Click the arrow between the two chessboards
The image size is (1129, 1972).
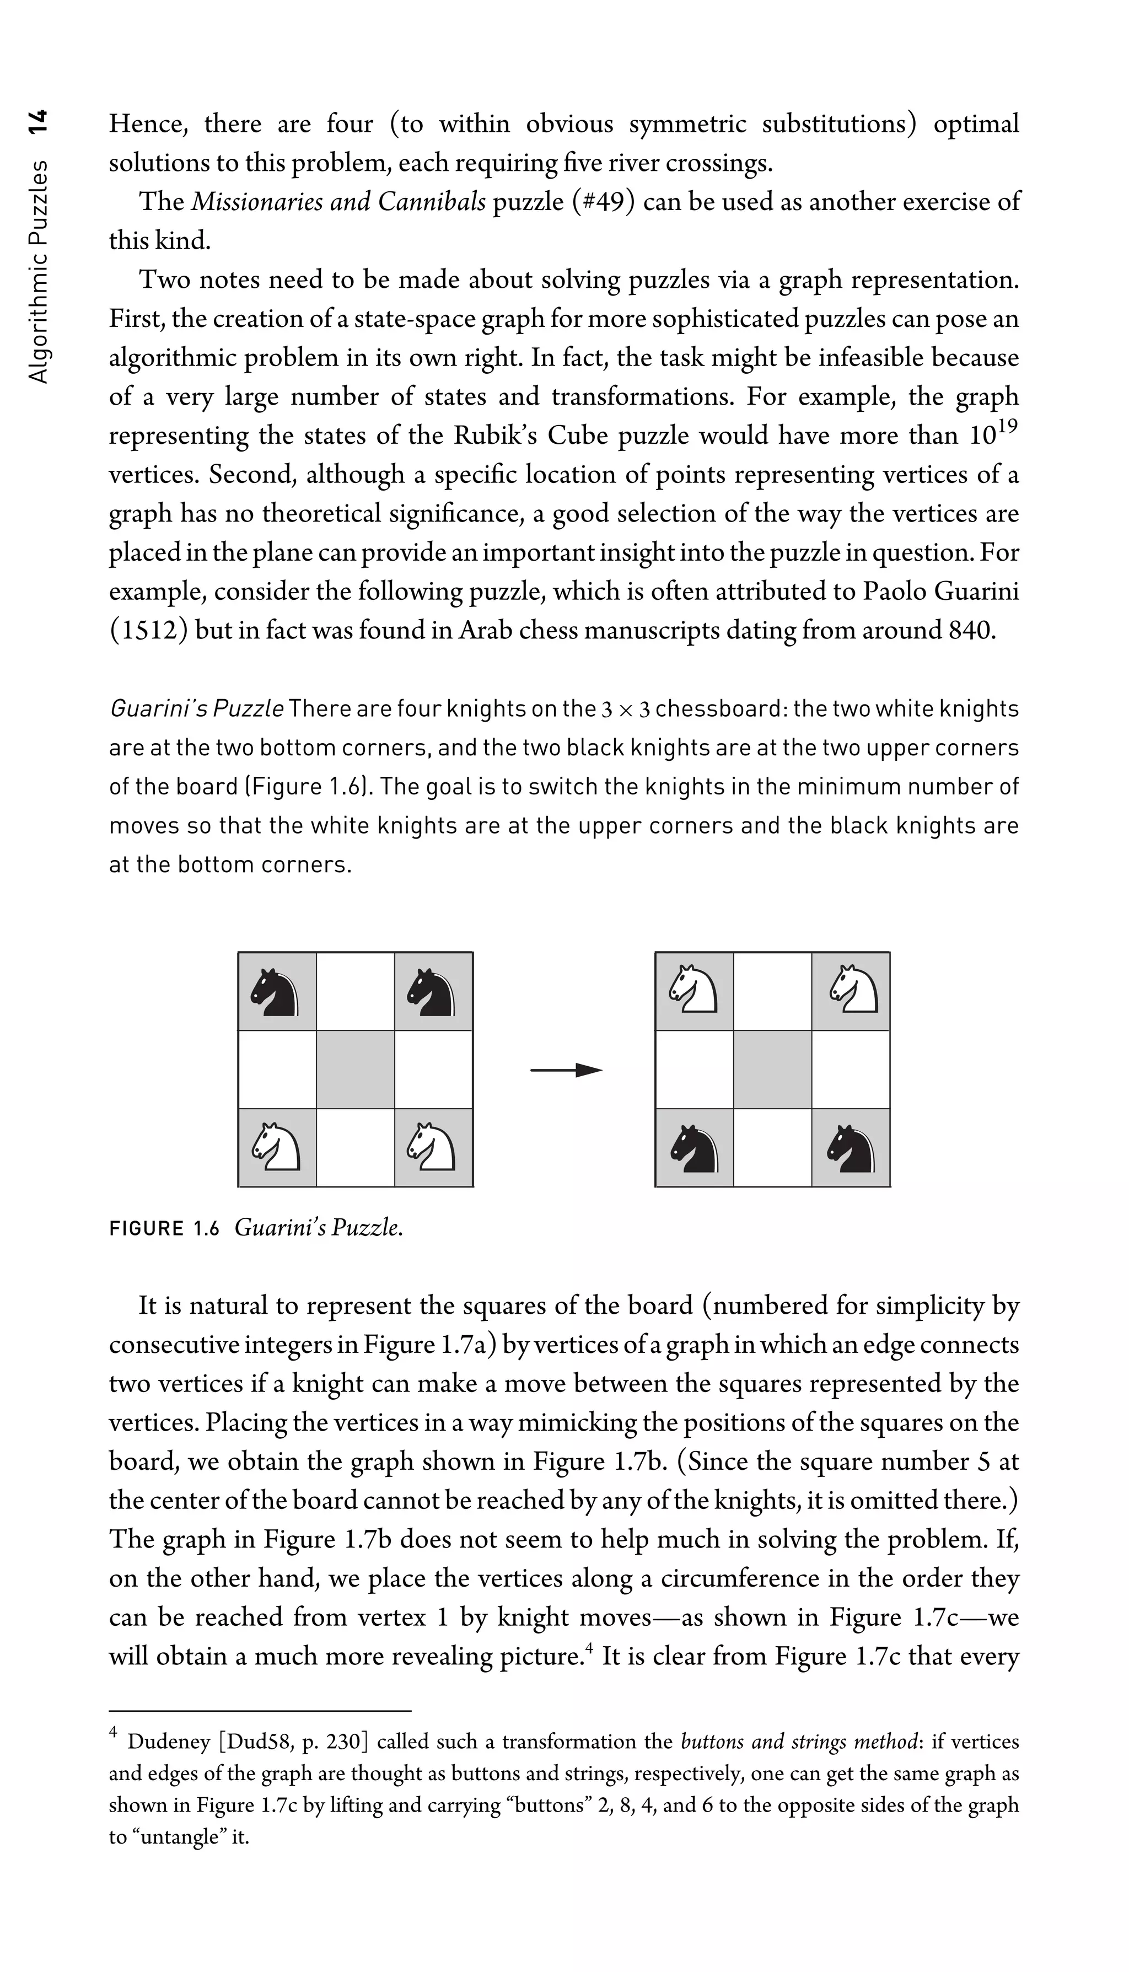tap(566, 1070)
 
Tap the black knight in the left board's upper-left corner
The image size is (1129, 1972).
tap(276, 992)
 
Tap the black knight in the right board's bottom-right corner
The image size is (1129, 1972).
tap(851, 1148)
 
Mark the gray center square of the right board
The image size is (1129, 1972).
tap(772, 1070)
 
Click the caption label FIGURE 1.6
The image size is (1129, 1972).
tap(164, 1229)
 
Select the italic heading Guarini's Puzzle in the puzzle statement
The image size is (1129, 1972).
tap(197, 709)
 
